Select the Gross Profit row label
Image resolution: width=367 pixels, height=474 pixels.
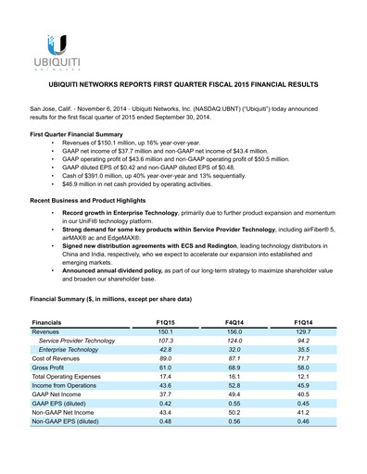click(x=52, y=368)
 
